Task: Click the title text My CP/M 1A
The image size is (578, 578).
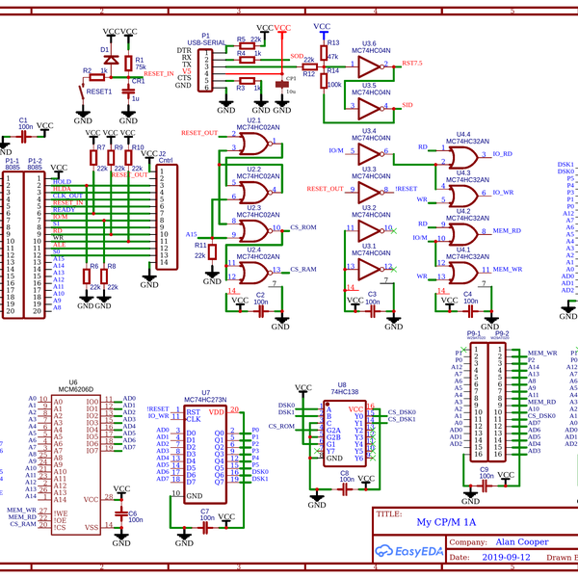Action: click(x=446, y=522)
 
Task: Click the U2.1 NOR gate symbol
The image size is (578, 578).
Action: click(x=254, y=145)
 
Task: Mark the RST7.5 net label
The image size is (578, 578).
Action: click(x=411, y=62)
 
